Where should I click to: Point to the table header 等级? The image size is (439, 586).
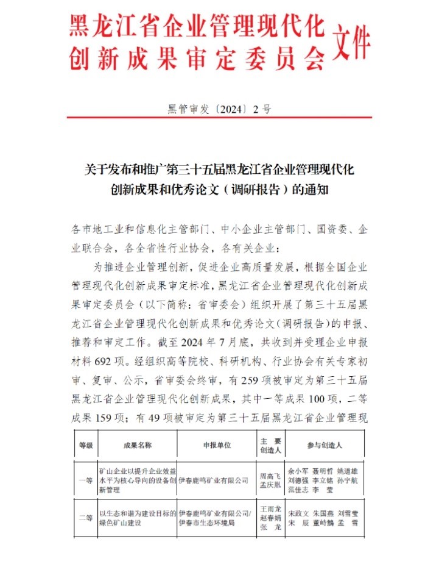coord(86,445)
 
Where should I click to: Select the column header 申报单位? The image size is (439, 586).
coord(217,445)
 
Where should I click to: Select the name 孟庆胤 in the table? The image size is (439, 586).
coord(270,485)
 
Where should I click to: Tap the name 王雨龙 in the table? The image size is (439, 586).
coord(270,508)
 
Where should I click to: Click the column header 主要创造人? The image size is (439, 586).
coord(270,445)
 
